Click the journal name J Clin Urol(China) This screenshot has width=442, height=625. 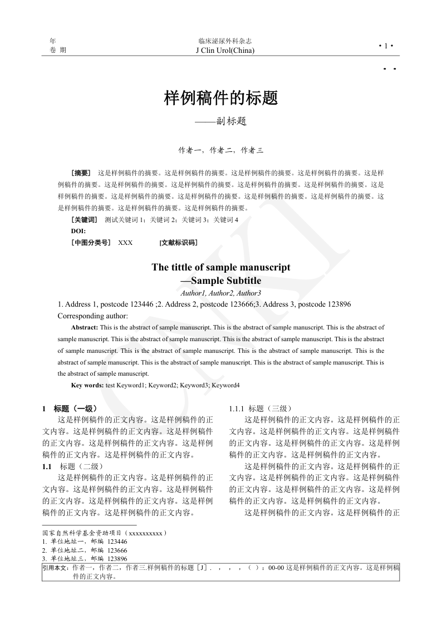(x=225, y=51)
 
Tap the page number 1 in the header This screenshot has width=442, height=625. (x=385, y=46)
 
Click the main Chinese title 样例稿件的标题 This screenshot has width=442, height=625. (x=221, y=99)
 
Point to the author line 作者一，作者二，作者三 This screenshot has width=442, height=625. (x=220, y=150)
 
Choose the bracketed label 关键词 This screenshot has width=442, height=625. (x=84, y=220)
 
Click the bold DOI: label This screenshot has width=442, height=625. (x=78, y=231)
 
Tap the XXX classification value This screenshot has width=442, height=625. (x=125, y=243)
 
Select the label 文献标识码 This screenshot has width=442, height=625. (x=178, y=243)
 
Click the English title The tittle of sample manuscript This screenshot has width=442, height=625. (x=221, y=267)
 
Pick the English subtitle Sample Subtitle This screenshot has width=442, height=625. (x=225, y=280)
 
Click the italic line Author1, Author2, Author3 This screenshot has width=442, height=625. (x=221, y=293)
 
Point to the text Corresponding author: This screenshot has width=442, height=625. (x=93, y=315)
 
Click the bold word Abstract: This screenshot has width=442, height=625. (x=85, y=327)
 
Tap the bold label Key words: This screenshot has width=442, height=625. (x=87, y=385)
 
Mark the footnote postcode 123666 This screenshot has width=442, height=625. (x=117, y=550)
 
